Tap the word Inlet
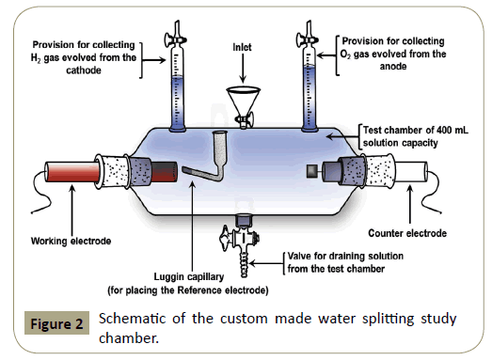242,47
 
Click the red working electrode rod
72,172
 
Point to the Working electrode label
71,242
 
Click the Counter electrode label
407,233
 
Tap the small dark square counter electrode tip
311,171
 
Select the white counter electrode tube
410,171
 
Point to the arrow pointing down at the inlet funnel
243,69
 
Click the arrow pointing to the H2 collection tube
154,59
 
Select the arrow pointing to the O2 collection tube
326,55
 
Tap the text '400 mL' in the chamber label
452,130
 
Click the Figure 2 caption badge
56,323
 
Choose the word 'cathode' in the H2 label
84,70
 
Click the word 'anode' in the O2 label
393,67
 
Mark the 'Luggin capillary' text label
189,277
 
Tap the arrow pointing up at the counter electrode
410,204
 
